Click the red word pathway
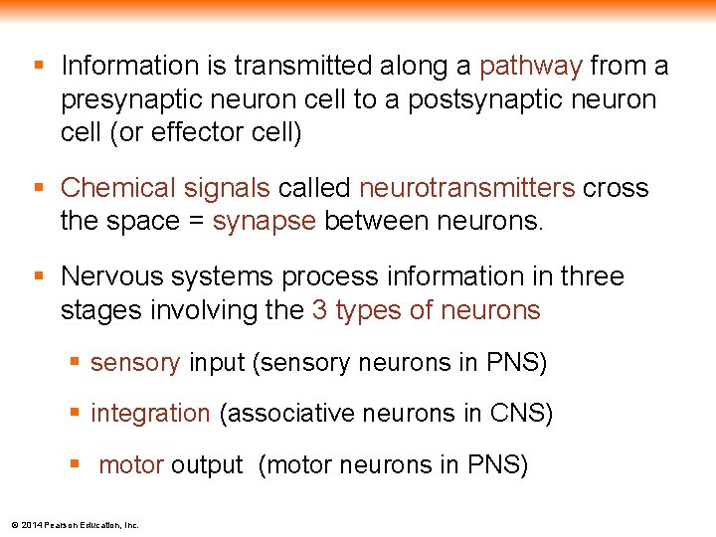pyautogui.click(x=530, y=67)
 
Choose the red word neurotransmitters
pyautogui.click(x=466, y=188)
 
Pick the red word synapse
pyautogui.click(x=264, y=221)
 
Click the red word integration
pyautogui.click(x=150, y=413)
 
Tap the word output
pyautogui.click(x=207, y=464)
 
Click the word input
pyautogui.click(x=217, y=363)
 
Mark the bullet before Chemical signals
pyautogui.click(x=40, y=188)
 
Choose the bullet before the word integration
pyautogui.click(x=76, y=413)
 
